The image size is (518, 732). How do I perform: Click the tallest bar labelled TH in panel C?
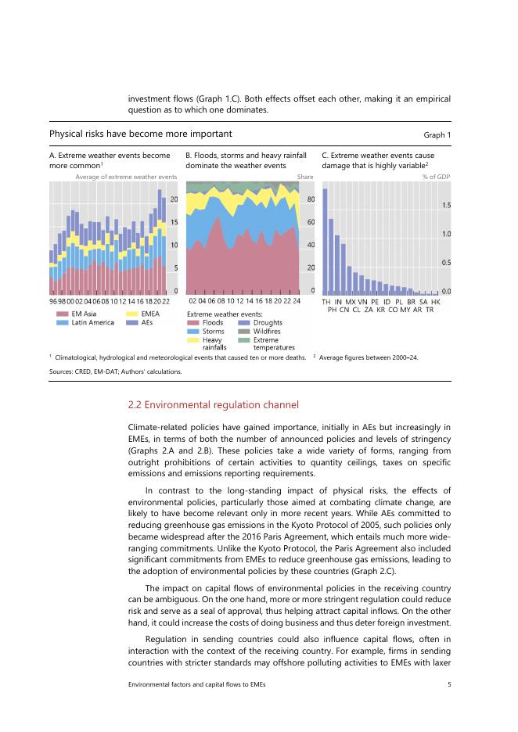coord(325,240)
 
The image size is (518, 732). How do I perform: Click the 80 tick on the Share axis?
coord(310,199)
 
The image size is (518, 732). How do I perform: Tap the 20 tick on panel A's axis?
coord(174,199)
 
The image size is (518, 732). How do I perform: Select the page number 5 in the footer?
coord(449,685)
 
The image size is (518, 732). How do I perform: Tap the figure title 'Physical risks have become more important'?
coord(140,135)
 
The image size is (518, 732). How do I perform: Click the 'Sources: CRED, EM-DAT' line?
coord(116,371)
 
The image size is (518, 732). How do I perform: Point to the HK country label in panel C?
coord(436,301)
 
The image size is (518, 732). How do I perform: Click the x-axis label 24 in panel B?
coord(296,301)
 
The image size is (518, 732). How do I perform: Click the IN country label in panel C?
coord(338,301)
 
